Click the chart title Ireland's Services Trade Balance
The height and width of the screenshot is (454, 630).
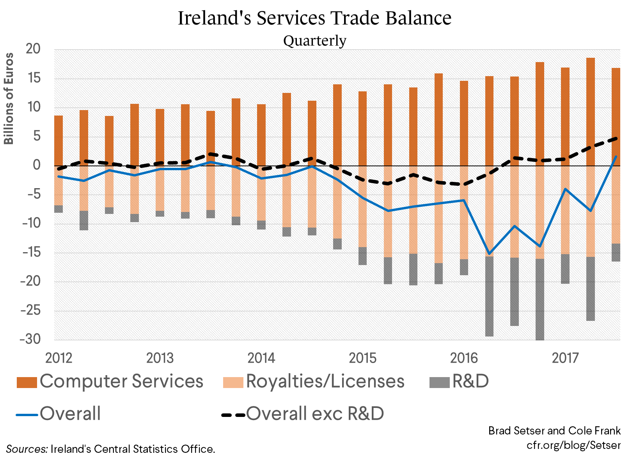[x=314, y=18]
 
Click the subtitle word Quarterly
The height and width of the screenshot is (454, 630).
[x=314, y=41]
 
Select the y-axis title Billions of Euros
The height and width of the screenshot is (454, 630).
[x=9, y=98]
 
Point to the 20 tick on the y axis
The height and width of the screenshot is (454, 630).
[x=33, y=49]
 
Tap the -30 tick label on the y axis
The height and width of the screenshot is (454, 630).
[x=30, y=339]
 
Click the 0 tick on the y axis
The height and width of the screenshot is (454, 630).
[x=36, y=165]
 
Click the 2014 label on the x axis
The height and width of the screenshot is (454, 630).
[x=261, y=358]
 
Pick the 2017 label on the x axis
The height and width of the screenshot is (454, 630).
[x=565, y=358]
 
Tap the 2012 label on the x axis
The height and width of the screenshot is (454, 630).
[x=59, y=358]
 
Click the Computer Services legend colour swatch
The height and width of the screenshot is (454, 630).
[x=27, y=382]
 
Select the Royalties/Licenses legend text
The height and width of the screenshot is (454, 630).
[x=325, y=381]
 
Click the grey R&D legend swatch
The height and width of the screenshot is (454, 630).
[x=439, y=382]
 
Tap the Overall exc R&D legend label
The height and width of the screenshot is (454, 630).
[x=315, y=414]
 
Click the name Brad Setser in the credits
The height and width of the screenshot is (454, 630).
[x=516, y=431]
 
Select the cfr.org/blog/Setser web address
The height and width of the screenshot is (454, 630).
[x=573, y=445]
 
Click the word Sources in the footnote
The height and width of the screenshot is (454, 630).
[x=26, y=449]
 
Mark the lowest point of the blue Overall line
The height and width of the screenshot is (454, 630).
[x=489, y=254]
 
